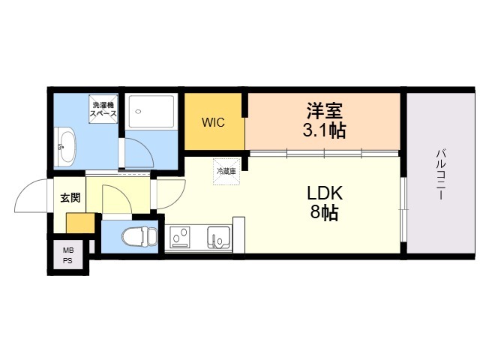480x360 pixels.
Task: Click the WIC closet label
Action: coord(213,122)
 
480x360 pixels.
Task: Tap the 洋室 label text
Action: coord(325,110)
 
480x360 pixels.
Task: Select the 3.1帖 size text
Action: coord(325,130)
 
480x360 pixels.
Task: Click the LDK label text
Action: coord(325,193)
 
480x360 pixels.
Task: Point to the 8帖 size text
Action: coord(325,212)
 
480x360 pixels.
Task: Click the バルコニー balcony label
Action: coord(441,174)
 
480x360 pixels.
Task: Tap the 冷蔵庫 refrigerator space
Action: coord(226,172)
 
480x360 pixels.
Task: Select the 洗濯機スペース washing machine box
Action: coord(103,109)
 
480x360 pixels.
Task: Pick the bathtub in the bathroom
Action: coord(151,111)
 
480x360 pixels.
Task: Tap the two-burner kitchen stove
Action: coord(181,237)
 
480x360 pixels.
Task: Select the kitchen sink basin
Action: coord(219,237)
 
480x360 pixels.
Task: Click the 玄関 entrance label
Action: coord(70,198)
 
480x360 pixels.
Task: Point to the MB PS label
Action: coord(68,256)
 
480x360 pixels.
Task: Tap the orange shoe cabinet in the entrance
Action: coord(80,223)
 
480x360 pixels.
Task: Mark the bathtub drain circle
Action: coord(138,112)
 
